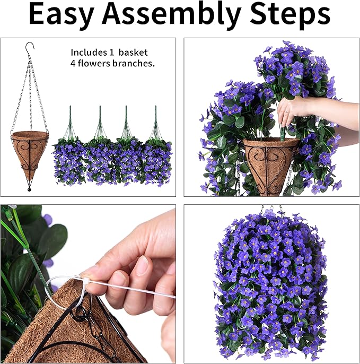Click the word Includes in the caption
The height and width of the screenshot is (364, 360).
tap(88, 53)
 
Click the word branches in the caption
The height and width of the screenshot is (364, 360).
tap(136, 63)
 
